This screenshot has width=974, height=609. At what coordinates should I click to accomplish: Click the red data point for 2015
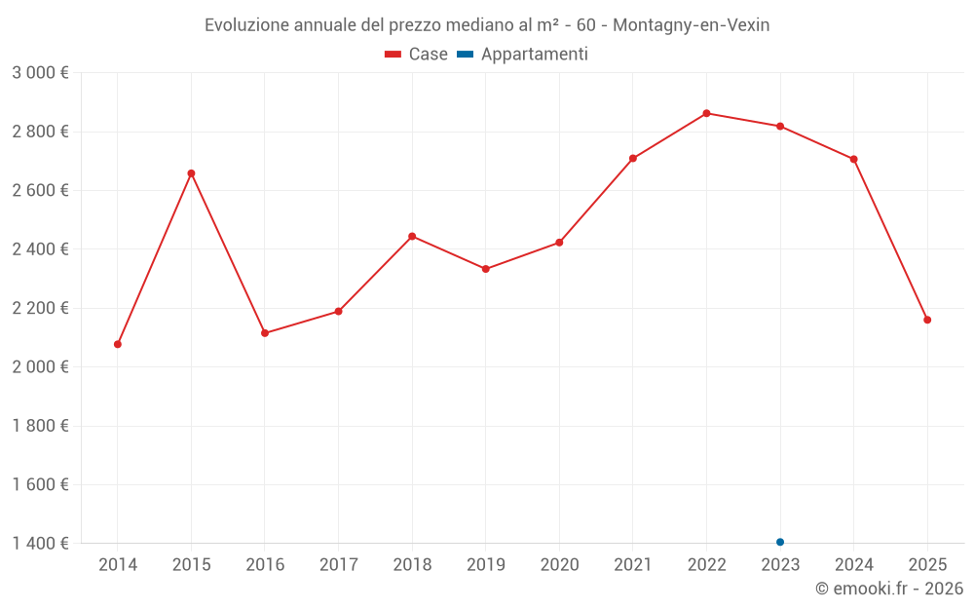[191, 173]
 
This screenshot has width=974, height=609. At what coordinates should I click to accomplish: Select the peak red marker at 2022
[706, 113]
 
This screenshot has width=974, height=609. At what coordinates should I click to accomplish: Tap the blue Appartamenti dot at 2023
[780, 542]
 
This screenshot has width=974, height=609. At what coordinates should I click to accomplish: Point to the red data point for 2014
[118, 344]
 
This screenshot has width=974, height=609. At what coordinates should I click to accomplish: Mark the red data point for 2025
[927, 320]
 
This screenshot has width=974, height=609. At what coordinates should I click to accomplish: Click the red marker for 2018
[412, 236]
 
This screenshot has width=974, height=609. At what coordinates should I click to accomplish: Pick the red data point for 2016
[265, 333]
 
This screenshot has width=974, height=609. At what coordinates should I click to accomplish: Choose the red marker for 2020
[559, 243]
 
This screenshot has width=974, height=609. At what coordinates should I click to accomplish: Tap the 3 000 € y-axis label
[40, 73]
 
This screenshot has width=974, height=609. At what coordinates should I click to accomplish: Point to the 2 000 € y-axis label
[40, 367]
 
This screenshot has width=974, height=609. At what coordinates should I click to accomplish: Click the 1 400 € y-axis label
[40, 544]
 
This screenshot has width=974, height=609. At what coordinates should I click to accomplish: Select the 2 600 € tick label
[40, 191]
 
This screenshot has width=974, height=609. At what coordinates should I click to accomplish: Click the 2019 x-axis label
[485, 565]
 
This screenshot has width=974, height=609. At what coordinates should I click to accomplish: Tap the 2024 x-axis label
[853, 565]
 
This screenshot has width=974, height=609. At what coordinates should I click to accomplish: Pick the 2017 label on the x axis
[338, 565]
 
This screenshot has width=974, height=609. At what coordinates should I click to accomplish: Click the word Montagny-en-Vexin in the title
[691, 25]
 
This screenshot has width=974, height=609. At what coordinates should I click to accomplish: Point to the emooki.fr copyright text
[888, 589]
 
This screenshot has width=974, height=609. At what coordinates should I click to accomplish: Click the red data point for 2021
[633, 158]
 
